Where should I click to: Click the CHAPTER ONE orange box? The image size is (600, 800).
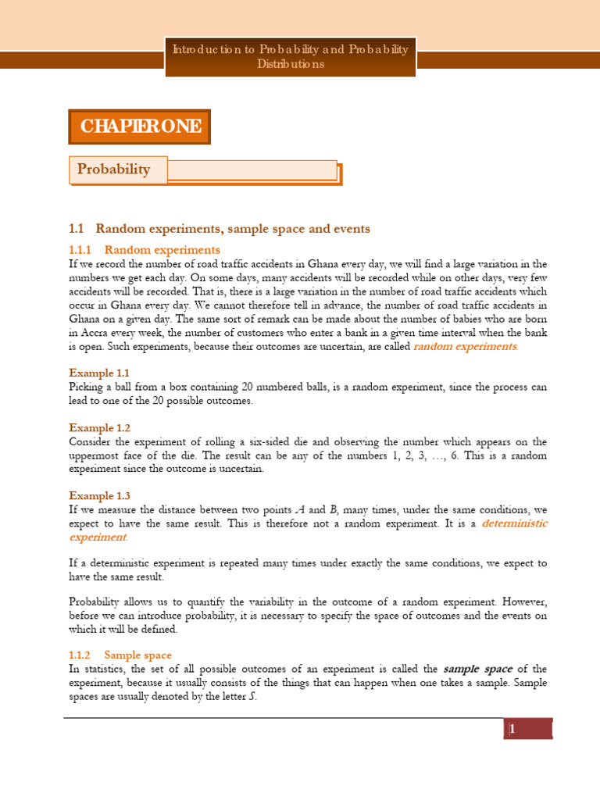(x=140, y=127)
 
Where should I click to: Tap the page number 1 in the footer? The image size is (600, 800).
(x=512, y=730)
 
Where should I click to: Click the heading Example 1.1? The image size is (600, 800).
(x=99, y=372)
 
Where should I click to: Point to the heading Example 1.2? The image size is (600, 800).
(x=99, y=427)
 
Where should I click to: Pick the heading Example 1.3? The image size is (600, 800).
(x=99, y=495)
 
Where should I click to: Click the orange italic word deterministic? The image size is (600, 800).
(x=514, y=523)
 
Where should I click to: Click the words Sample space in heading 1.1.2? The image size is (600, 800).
(x=138, y=655)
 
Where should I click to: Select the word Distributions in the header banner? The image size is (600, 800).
(x=290, y=64)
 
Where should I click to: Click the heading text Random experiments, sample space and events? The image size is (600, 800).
(x=233, y=228)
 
